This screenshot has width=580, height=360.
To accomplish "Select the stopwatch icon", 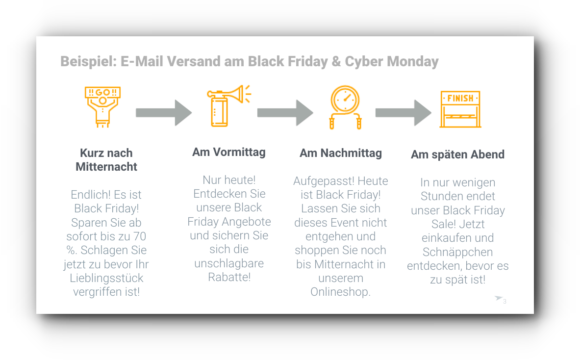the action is (x=345, y=107).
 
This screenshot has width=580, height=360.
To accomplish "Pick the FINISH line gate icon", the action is (x=460, y=109).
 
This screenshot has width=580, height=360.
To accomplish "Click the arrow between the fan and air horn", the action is (x=164, y=113).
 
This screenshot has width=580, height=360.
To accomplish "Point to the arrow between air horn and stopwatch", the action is (x=285, y=113).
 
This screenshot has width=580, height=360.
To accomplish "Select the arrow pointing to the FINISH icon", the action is (x=403, y=113).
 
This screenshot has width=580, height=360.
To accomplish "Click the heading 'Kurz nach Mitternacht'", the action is (x=106, y=160).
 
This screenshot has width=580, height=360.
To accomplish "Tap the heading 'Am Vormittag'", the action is (x=229, y=152).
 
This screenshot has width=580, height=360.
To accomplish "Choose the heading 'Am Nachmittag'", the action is (x=341, y=153).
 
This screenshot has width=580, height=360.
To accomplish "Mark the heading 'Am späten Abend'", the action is (x=457, y=154).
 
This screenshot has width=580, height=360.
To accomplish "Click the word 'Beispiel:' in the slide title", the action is (x=89, y=61).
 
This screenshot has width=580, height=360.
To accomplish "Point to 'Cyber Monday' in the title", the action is (x=392, y=61).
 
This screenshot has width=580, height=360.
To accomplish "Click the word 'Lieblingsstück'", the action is (x=106, y=278).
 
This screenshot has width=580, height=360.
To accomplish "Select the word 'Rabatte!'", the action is (x=229, y=277).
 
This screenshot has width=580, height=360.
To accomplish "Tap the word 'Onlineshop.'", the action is (x=340, y=292).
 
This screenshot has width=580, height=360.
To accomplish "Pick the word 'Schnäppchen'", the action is (x=457, y=252).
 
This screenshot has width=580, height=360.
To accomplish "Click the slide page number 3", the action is (x=504, y=302).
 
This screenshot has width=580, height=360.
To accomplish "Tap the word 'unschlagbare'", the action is (x=229, y=263).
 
